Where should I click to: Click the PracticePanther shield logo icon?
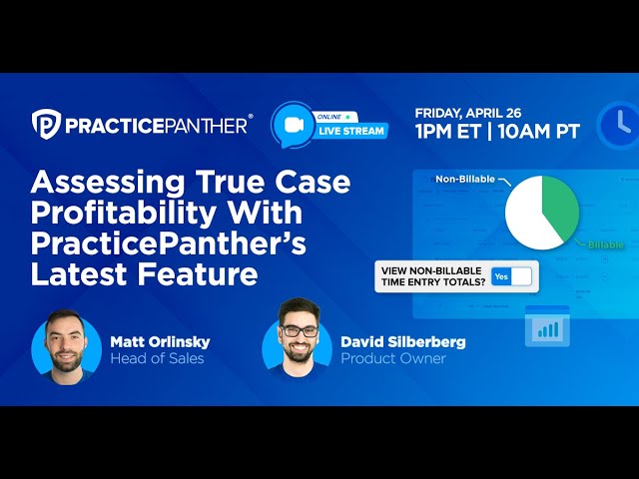pyautogui.click(x=46, y=123)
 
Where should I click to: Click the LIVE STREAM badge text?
pyautogui.click(x=351, y=131)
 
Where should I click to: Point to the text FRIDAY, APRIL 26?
pyautogui.click(x=467, y=113)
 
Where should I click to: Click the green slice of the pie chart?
pyautogui.click(x=558, y=206)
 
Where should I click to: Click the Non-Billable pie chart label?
pyautogui.click(x=466, y=180)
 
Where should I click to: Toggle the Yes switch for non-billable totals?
pyautogui.click(x=512, y=276)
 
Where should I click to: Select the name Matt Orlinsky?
pyautogui.click(x=161, y=341)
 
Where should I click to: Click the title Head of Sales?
pyautogui.click(x=157, y=358)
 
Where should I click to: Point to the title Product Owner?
pyautogui.click(x=393, y=358)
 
